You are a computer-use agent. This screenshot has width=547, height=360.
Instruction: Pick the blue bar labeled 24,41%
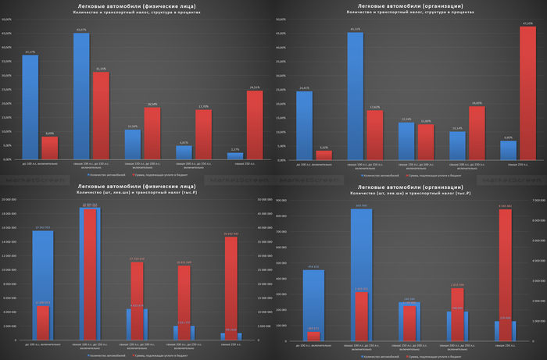[x=304, y=125]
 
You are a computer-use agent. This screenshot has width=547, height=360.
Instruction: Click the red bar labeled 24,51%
[x=254, y=125]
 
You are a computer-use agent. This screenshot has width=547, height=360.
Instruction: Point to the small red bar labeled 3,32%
[x=324, y=155]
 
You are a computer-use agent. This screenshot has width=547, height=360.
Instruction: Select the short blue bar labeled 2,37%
[x=235, y=156]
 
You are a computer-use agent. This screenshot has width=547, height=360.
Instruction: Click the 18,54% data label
[x=152, y=104]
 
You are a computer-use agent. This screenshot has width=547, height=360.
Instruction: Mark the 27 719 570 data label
[x=136, y=258]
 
